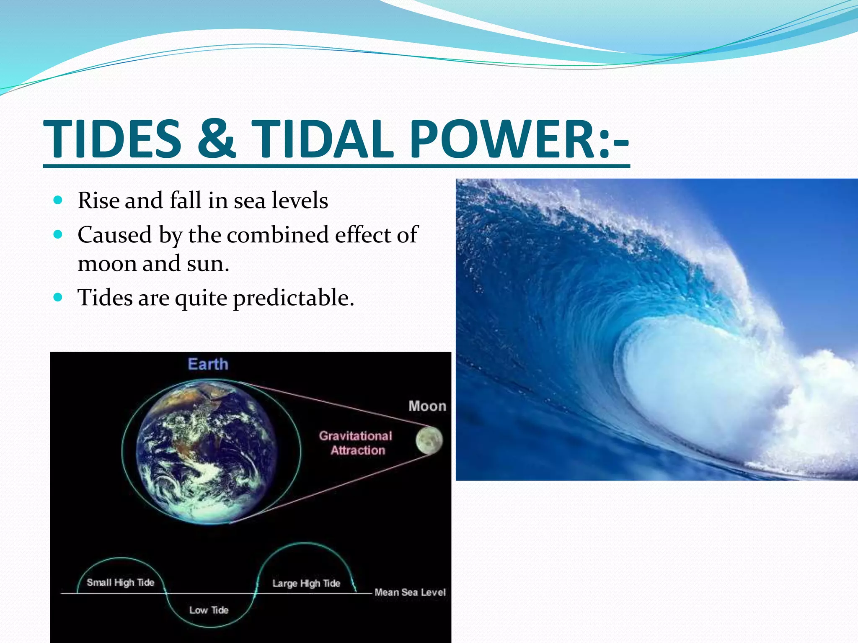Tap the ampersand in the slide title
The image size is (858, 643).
[x=216, y=139]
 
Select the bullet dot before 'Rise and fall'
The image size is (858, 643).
[x=58, y=200]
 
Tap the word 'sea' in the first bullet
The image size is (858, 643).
[x=249, y=201]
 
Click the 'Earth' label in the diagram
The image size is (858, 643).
[x=208, y=364]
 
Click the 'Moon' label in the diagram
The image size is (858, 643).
[x=427, y=406]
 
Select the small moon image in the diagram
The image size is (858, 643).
[x=429, y=440]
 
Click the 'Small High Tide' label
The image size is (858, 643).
[x=120, y=582]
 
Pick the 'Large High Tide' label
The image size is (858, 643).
[x=306, y=583]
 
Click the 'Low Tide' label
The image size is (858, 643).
[x=209, y=610]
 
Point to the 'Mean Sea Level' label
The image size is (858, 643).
[x=410, y=592]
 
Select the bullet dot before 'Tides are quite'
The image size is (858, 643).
[x=58, y=298]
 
